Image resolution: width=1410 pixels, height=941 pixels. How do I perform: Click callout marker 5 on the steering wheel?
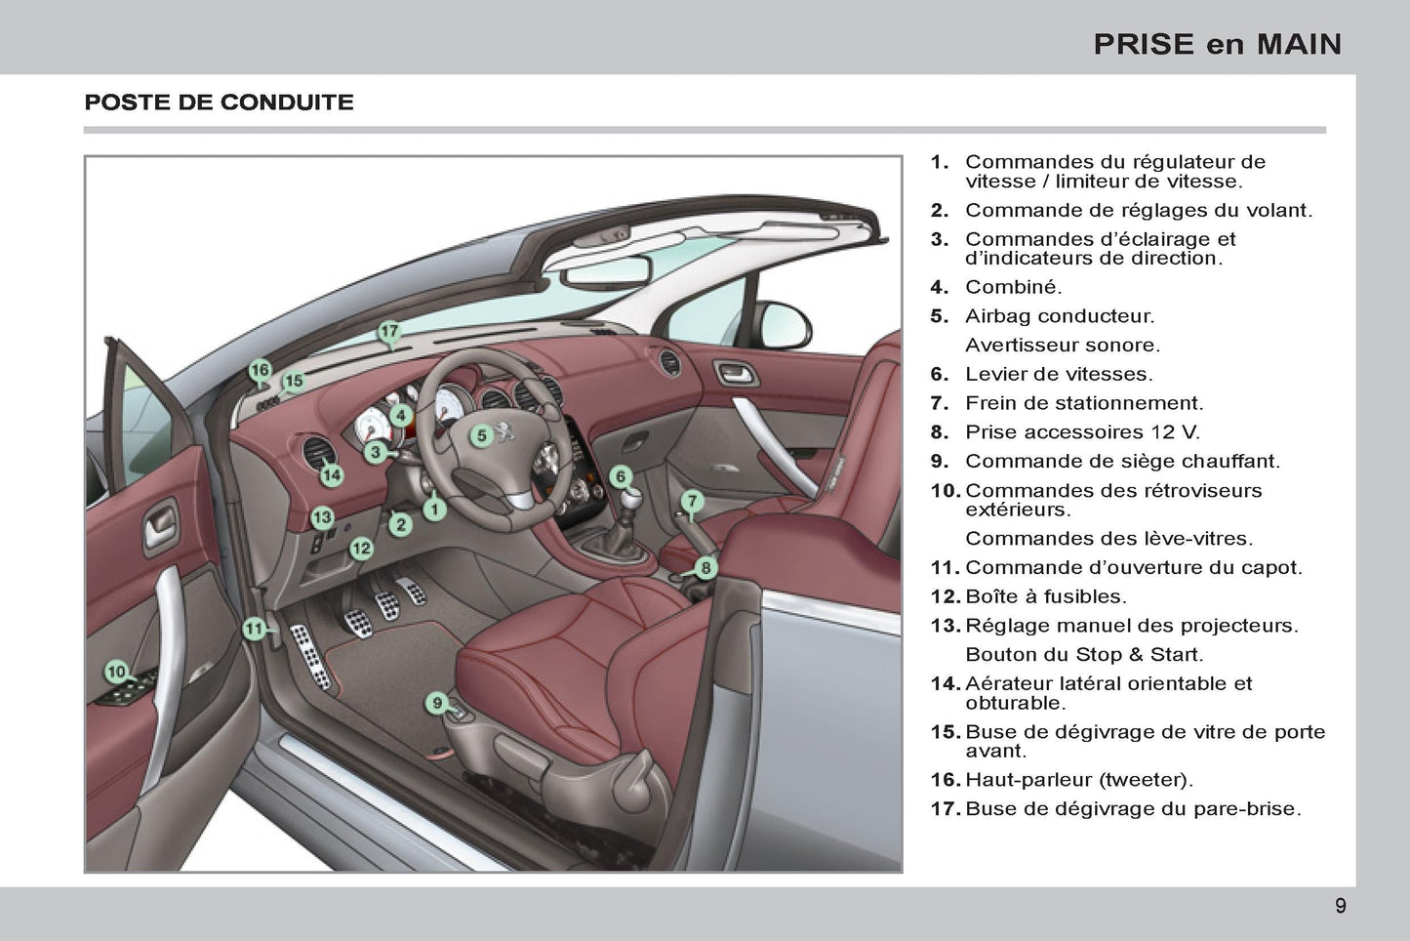[481, 435]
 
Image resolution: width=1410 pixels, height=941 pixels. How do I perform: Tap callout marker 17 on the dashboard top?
[389, 331]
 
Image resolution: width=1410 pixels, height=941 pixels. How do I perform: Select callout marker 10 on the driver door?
[116, 672]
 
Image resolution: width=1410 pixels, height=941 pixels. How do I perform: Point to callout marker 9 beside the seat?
[438, 702]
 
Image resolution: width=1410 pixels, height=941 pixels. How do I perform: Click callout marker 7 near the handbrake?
[692, 502]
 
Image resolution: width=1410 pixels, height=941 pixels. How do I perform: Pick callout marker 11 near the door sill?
[254, 629]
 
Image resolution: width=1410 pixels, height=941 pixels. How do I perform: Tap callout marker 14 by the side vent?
[332, 475]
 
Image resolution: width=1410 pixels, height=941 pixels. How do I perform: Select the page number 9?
[1340, 906]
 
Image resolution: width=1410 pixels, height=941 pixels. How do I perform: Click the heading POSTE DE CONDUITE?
[219, 102]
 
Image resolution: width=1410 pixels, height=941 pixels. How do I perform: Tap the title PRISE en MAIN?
[1217, 44]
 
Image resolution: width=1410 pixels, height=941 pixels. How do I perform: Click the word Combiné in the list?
[1013, 287]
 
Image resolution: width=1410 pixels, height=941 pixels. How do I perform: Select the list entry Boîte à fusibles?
[1045, 596]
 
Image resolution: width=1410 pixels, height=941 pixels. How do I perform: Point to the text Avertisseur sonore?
[1062, 345]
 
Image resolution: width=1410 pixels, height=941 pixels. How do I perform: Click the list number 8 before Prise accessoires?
[939, 431]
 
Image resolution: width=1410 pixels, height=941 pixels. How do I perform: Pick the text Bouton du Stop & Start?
[1083, 654]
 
